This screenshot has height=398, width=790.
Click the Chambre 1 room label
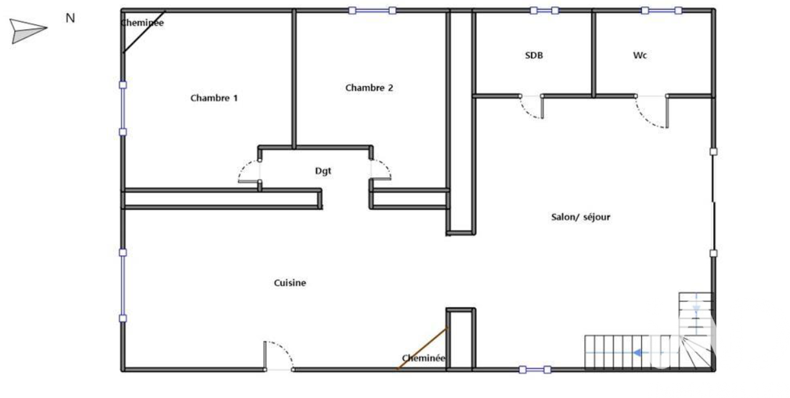click(214, 98)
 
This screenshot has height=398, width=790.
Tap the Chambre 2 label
click(369, 88)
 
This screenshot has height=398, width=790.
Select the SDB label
click(534, 56)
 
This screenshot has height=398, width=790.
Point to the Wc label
click(640, 56)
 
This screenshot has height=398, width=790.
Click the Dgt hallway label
click(323, 171)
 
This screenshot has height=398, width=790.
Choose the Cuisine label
click(290, 283)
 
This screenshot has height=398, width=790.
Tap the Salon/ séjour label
click(581, 217)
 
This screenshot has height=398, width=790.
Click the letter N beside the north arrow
click(70, 18)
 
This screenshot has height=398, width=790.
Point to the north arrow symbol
click(28, 31)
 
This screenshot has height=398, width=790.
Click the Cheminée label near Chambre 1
click(142, 23)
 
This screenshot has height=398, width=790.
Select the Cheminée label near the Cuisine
click(423, 358)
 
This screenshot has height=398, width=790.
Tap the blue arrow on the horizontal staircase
click(637, 353)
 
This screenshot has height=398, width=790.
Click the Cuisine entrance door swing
click(286, 348)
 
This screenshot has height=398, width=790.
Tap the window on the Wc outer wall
click(661, 10)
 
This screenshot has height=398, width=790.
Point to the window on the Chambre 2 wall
click(372, 10)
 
